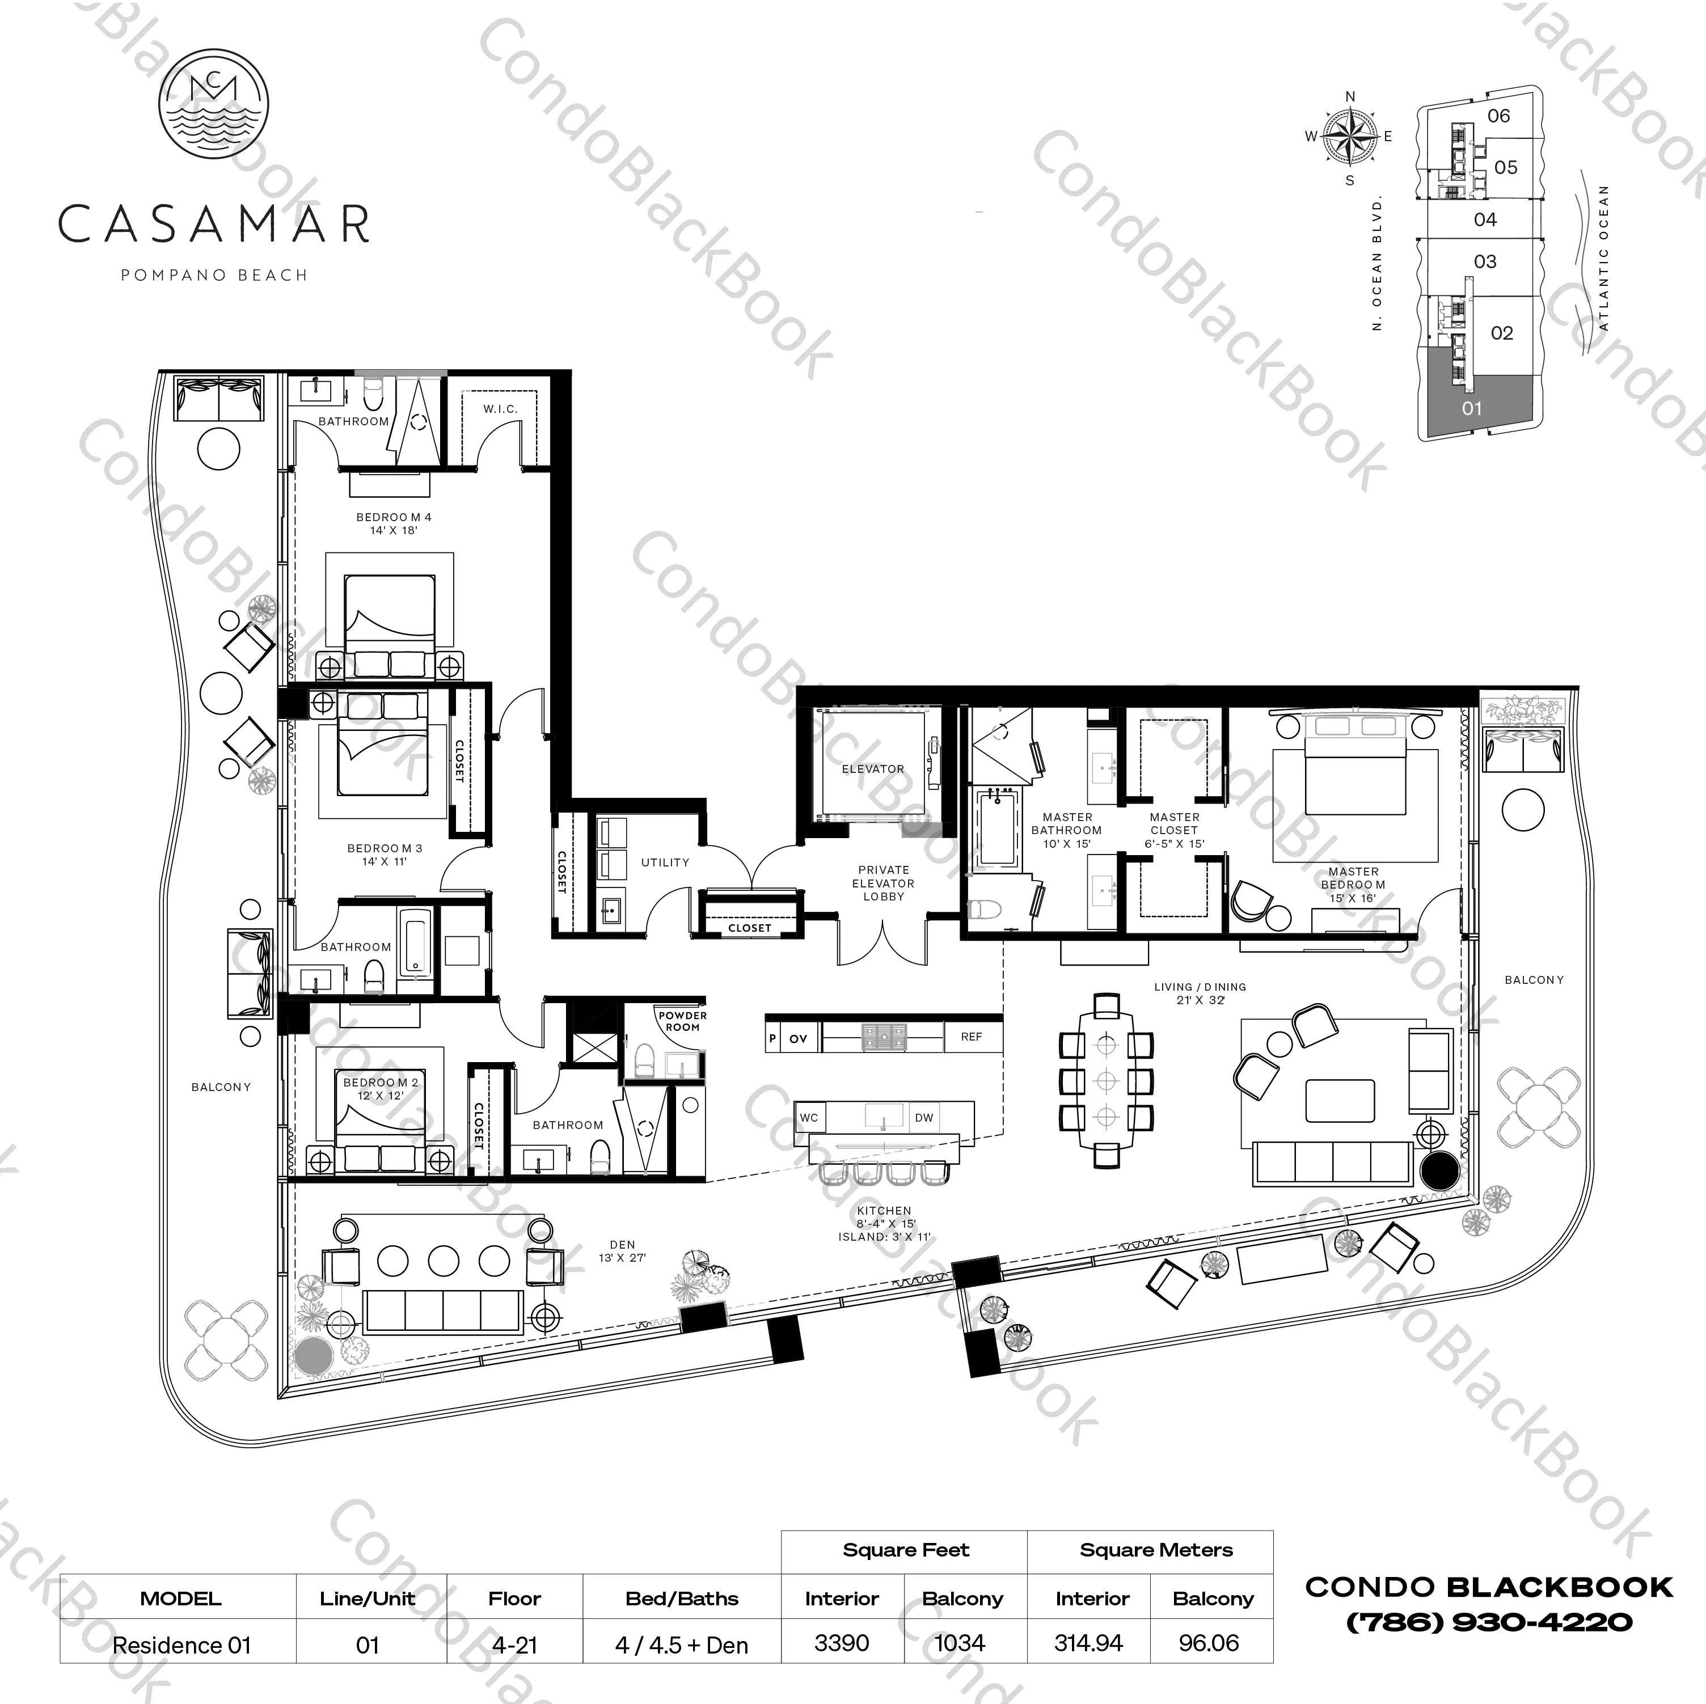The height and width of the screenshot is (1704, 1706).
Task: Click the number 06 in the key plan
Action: (x=1498, y=116)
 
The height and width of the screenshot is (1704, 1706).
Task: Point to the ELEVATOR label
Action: (x=872, y=769)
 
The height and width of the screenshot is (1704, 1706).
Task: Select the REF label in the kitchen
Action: (x=972, y=1037)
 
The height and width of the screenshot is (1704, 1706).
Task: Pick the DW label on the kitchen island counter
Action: (x=924, y=1118)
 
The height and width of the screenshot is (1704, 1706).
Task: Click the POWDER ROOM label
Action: (x=683, y=1021)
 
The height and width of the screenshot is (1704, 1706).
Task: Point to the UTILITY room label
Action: (x=665, y=862)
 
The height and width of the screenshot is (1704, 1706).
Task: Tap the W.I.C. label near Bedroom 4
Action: (x=500, y=409)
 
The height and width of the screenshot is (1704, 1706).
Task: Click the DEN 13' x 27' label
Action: (x=623, y=1250)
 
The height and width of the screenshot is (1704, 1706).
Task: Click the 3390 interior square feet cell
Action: (x=842, y=1642)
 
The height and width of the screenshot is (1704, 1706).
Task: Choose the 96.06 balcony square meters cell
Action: (x=1209, y=1642)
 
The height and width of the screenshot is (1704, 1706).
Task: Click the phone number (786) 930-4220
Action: (x=1489, y=1622)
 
